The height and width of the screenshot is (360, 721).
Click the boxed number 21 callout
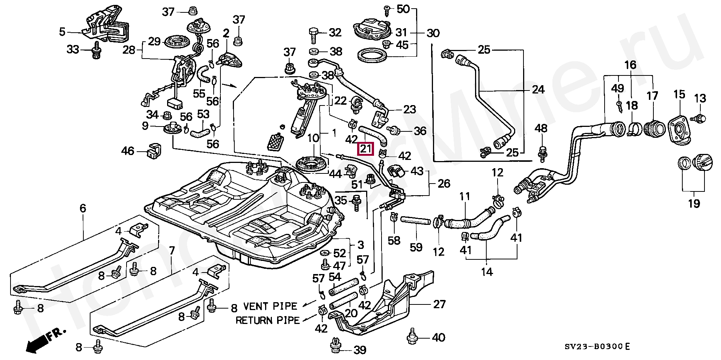point(366,149)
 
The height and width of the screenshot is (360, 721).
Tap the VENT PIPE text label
point(270,306)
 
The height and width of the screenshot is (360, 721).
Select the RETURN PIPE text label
point(267,320)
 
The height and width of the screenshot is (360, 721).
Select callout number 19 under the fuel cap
point(694,204)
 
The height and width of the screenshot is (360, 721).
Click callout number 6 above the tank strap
point(83,208)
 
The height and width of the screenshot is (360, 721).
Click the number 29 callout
point(154,41)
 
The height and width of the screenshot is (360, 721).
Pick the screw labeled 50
point(387,9)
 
